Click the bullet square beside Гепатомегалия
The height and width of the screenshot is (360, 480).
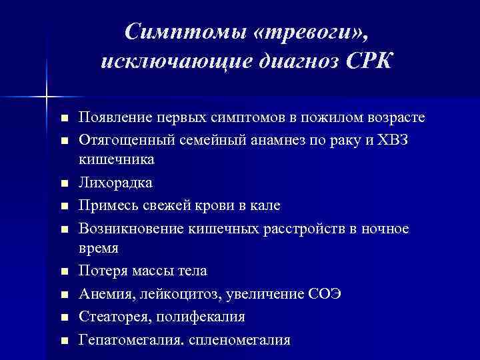tap(64, 340)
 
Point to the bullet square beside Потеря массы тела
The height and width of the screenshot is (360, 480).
tap(64, 272)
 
